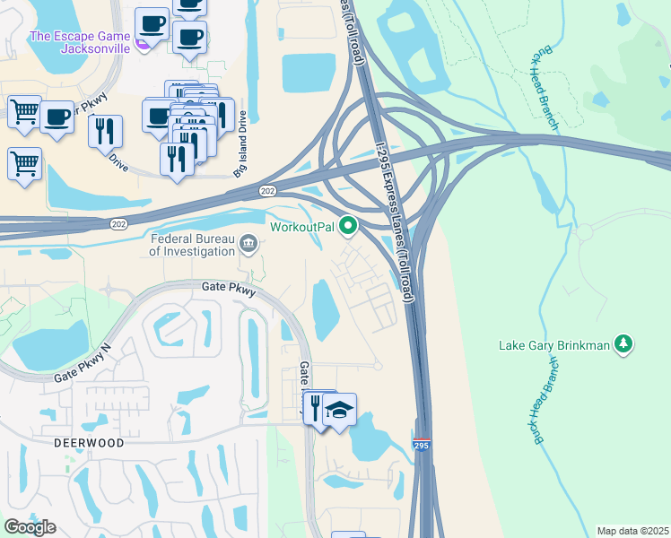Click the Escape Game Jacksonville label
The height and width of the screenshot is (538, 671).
(x=80, y=42)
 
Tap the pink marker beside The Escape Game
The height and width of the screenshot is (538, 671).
(x=142, y=41)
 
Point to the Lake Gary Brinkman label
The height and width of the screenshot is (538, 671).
(x=553, y=344)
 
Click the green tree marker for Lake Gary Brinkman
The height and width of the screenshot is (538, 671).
(x=623, y=344)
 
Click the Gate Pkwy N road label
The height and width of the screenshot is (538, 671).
(x=82, y=360)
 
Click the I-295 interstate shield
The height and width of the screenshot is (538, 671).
(x=421, y=444)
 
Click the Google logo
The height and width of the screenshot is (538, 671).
(x=30, y=527)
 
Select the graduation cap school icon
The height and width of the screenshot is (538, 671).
(x=340, y=410)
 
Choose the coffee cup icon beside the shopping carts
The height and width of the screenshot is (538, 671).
(x=57, y=117)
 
